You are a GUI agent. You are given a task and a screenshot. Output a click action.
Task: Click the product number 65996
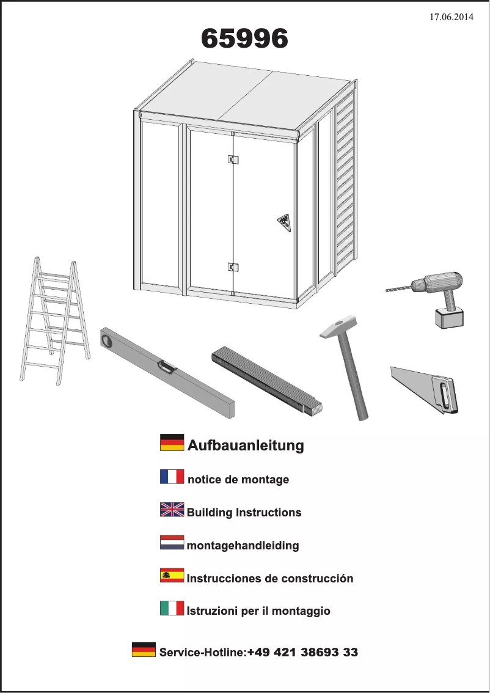point(244,40)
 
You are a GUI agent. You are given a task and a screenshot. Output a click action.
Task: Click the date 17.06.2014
point(451,17)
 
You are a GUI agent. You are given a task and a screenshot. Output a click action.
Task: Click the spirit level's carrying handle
point(166,367)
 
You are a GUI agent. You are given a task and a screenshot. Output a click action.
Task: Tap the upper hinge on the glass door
point(233,159)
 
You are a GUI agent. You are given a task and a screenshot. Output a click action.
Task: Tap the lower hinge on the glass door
point(233,266)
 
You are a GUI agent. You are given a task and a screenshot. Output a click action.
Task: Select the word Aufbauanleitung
point(245,446)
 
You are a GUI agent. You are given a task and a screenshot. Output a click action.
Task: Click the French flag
point(172,477)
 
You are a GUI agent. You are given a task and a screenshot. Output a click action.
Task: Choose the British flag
point(172,510)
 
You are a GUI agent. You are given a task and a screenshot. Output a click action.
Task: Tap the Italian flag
point(172,608)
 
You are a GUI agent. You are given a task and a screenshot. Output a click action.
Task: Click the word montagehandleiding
point(243,545)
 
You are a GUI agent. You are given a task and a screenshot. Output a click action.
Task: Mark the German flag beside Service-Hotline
point(144,650)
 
